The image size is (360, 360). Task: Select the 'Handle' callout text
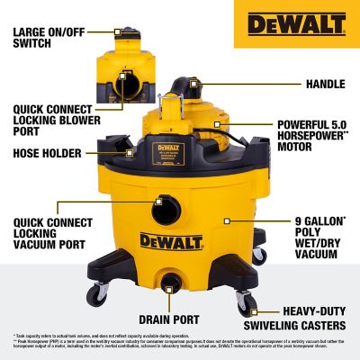325,84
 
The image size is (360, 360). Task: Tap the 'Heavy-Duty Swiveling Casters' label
306,318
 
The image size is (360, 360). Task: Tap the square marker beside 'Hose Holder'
128,152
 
